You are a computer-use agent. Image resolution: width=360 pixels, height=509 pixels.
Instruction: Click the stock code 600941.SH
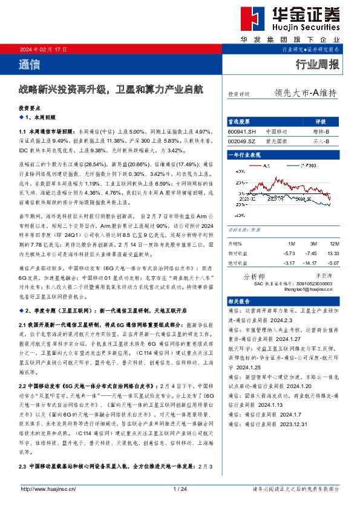(x=241, y=131)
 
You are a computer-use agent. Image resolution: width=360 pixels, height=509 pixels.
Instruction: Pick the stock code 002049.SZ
(x=241, y=141)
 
